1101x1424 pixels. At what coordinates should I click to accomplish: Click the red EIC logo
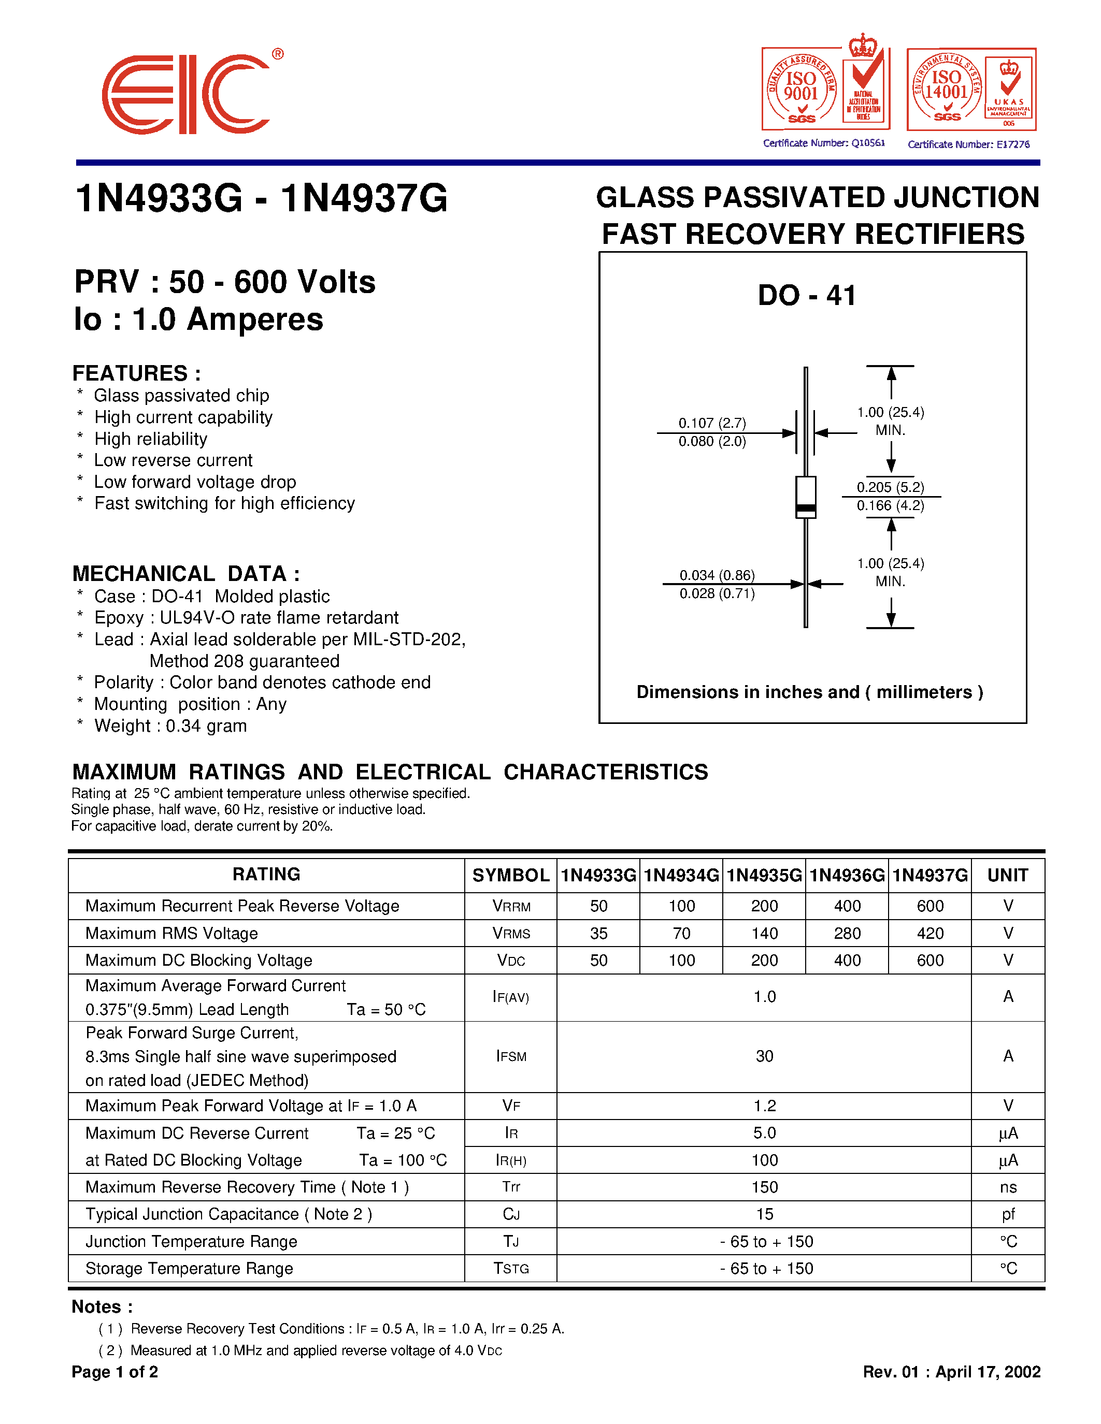[x=186, y=95]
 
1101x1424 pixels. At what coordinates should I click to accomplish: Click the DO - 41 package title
[x=806, y=295]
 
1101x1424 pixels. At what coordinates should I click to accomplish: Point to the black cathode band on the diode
[x=806, y=508]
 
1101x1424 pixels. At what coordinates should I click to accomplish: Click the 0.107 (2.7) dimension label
[x=712, y=423]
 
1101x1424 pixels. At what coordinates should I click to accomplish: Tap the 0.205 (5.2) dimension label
[x=890, y=487]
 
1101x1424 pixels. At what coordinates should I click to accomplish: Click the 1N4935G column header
[x=764, y=875]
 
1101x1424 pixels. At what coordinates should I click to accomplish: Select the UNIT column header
[x=1008, y=875]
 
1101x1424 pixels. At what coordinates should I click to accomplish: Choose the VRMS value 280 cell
[x=847, y=933]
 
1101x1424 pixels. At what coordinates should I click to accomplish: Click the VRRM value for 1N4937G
[x=930, y=906]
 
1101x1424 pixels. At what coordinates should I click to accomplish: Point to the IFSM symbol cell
[x=511, y=1056]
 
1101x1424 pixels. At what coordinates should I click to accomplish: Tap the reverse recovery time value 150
[x=764, y=1187]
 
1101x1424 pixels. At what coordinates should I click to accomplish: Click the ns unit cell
[x=1008, y=1187]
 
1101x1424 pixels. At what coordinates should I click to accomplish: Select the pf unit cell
[x=1008, y=1214]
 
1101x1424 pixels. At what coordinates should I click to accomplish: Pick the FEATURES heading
[x=136, y=373]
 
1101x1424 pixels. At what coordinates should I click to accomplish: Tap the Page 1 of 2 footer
[x=115, y=1372]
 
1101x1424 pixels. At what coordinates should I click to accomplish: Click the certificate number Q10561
[x=824, y=143]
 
